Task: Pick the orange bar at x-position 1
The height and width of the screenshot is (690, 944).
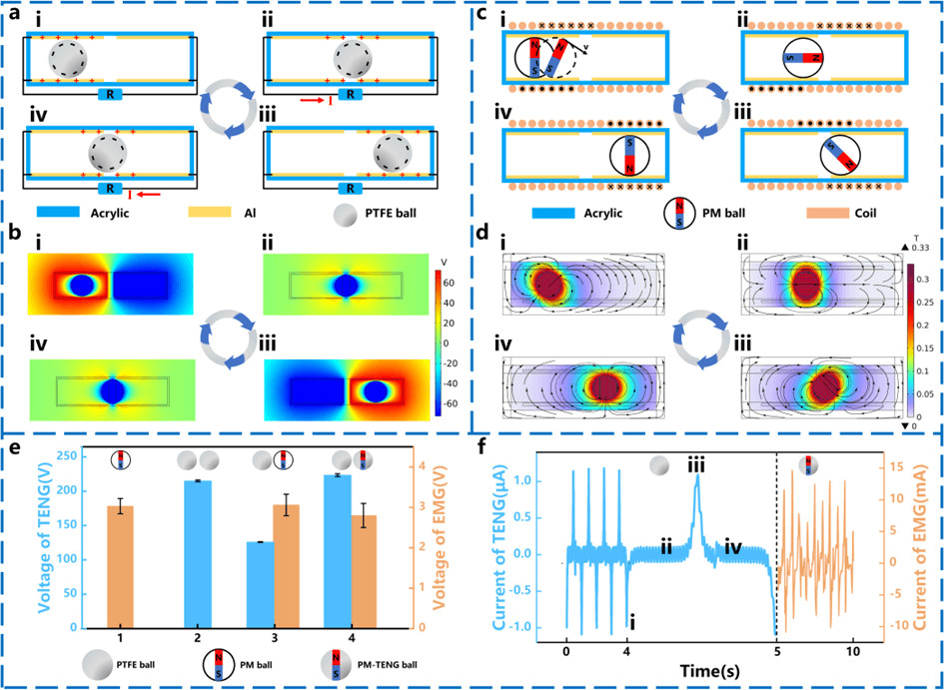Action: pyautogui.click(x=120, y=567)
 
